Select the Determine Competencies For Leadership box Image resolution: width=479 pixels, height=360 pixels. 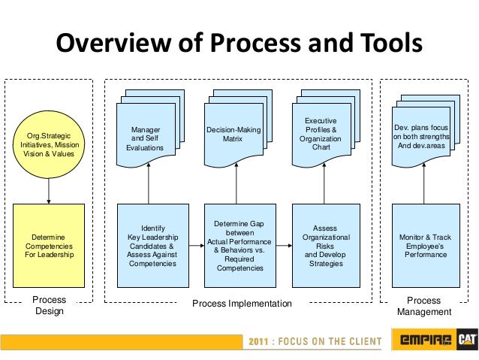(x=50, y=245)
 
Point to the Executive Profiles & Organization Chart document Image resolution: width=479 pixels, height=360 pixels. (x=321, y=135)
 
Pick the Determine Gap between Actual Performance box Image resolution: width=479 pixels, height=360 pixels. (x=239, y=245)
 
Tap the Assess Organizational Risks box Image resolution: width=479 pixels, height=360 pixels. (x=325, y=245)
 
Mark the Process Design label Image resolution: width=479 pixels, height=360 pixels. (x=50, y=305)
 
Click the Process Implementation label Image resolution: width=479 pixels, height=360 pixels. (x=241, y=304)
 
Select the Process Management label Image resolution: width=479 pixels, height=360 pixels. (x=424, y=306)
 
